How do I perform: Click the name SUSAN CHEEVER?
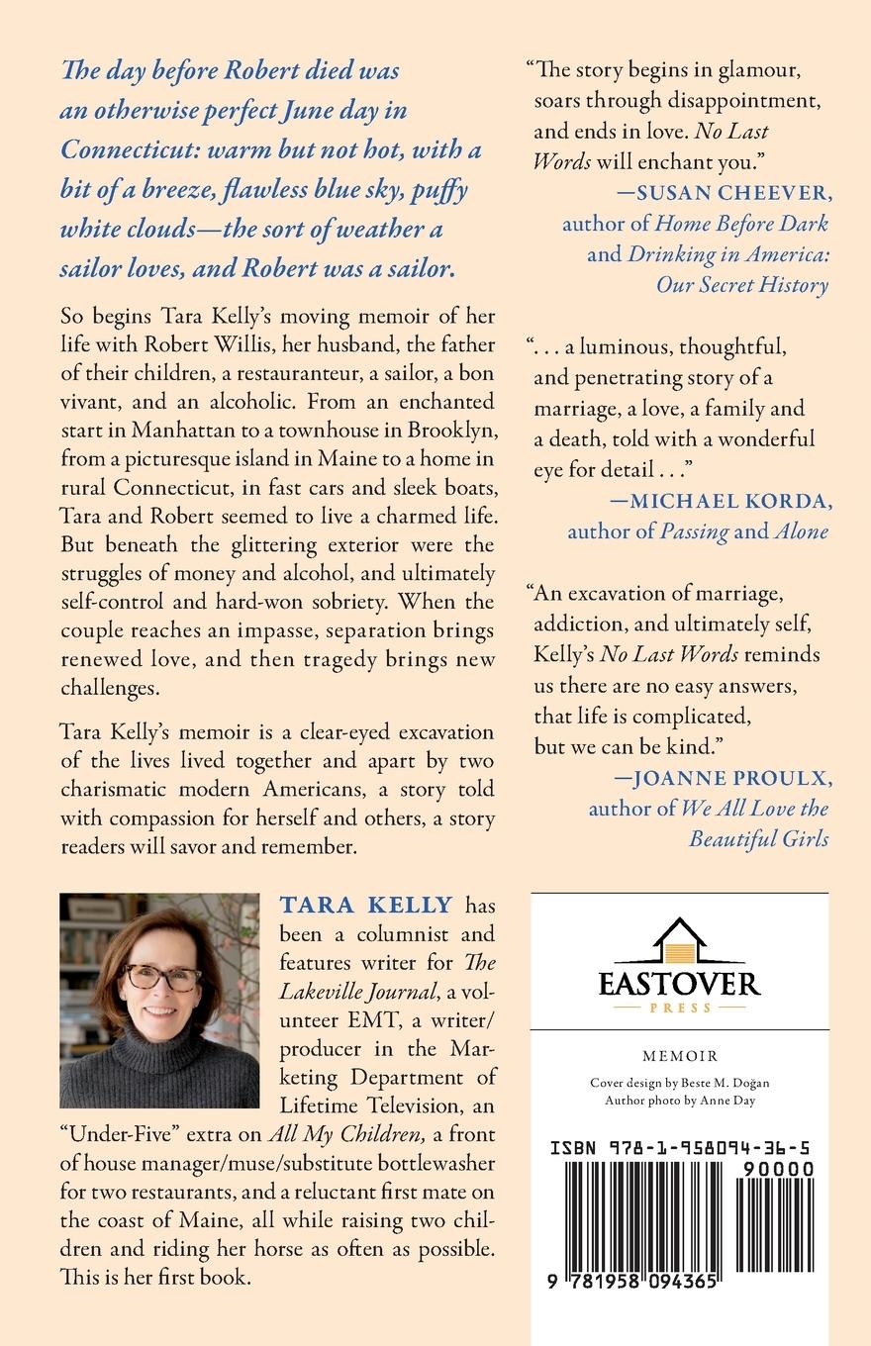(x=723, y=192)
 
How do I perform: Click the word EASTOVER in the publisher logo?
(x=679, y=983)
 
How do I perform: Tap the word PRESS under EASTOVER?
(x=679, y=1008)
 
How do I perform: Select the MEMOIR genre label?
(x=679, y=1056)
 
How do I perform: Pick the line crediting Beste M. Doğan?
(x=679, y=1083)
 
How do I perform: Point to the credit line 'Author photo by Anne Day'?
(x=679, y=1100)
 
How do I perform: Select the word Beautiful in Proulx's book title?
(x=729, y=839)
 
